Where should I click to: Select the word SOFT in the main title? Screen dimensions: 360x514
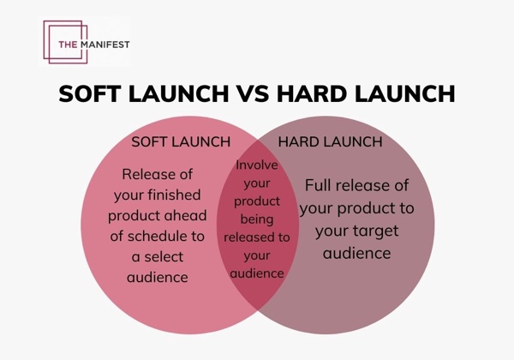(90, 93)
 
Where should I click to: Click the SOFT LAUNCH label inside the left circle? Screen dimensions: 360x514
(181, 141)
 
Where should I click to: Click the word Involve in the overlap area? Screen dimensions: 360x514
(257, 165)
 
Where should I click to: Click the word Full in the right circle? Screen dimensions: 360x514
(321, 186)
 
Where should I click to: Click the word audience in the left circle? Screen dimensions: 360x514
(157, 278)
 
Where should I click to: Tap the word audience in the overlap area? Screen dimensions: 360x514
(257, 273)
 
